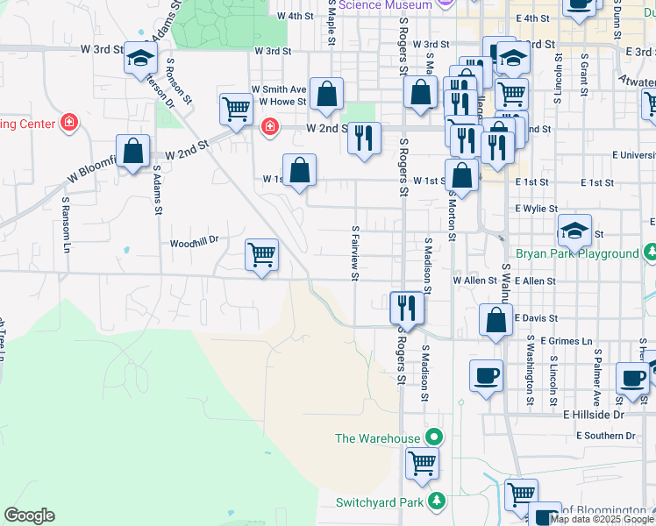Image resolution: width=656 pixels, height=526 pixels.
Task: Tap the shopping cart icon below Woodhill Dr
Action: (261, 255)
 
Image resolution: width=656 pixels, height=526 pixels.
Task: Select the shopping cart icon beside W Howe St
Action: (235, 110)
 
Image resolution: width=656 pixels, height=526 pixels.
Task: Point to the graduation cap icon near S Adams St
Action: (139, 59)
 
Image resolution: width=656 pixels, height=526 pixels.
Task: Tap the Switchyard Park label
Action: (379, 502)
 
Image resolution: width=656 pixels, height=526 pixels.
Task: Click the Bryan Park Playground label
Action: (578, 254)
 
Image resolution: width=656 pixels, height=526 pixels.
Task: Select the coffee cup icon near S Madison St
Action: (486, 376)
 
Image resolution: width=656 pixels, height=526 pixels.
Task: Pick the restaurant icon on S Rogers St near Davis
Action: (406, 307)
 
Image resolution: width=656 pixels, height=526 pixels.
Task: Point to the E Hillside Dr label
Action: (594, 414)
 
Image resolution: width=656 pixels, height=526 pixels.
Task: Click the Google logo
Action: (29, 515)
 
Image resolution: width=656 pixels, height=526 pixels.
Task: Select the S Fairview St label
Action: (356, 254)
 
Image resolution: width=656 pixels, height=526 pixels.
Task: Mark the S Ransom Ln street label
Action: (66, 224)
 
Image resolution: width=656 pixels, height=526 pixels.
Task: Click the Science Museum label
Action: (386, 5)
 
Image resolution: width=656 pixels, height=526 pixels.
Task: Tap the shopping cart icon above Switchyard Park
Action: (422, 461)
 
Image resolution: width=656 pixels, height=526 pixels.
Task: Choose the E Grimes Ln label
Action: (567, 340)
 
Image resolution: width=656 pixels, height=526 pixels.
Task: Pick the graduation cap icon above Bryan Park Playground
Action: (574, 231)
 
